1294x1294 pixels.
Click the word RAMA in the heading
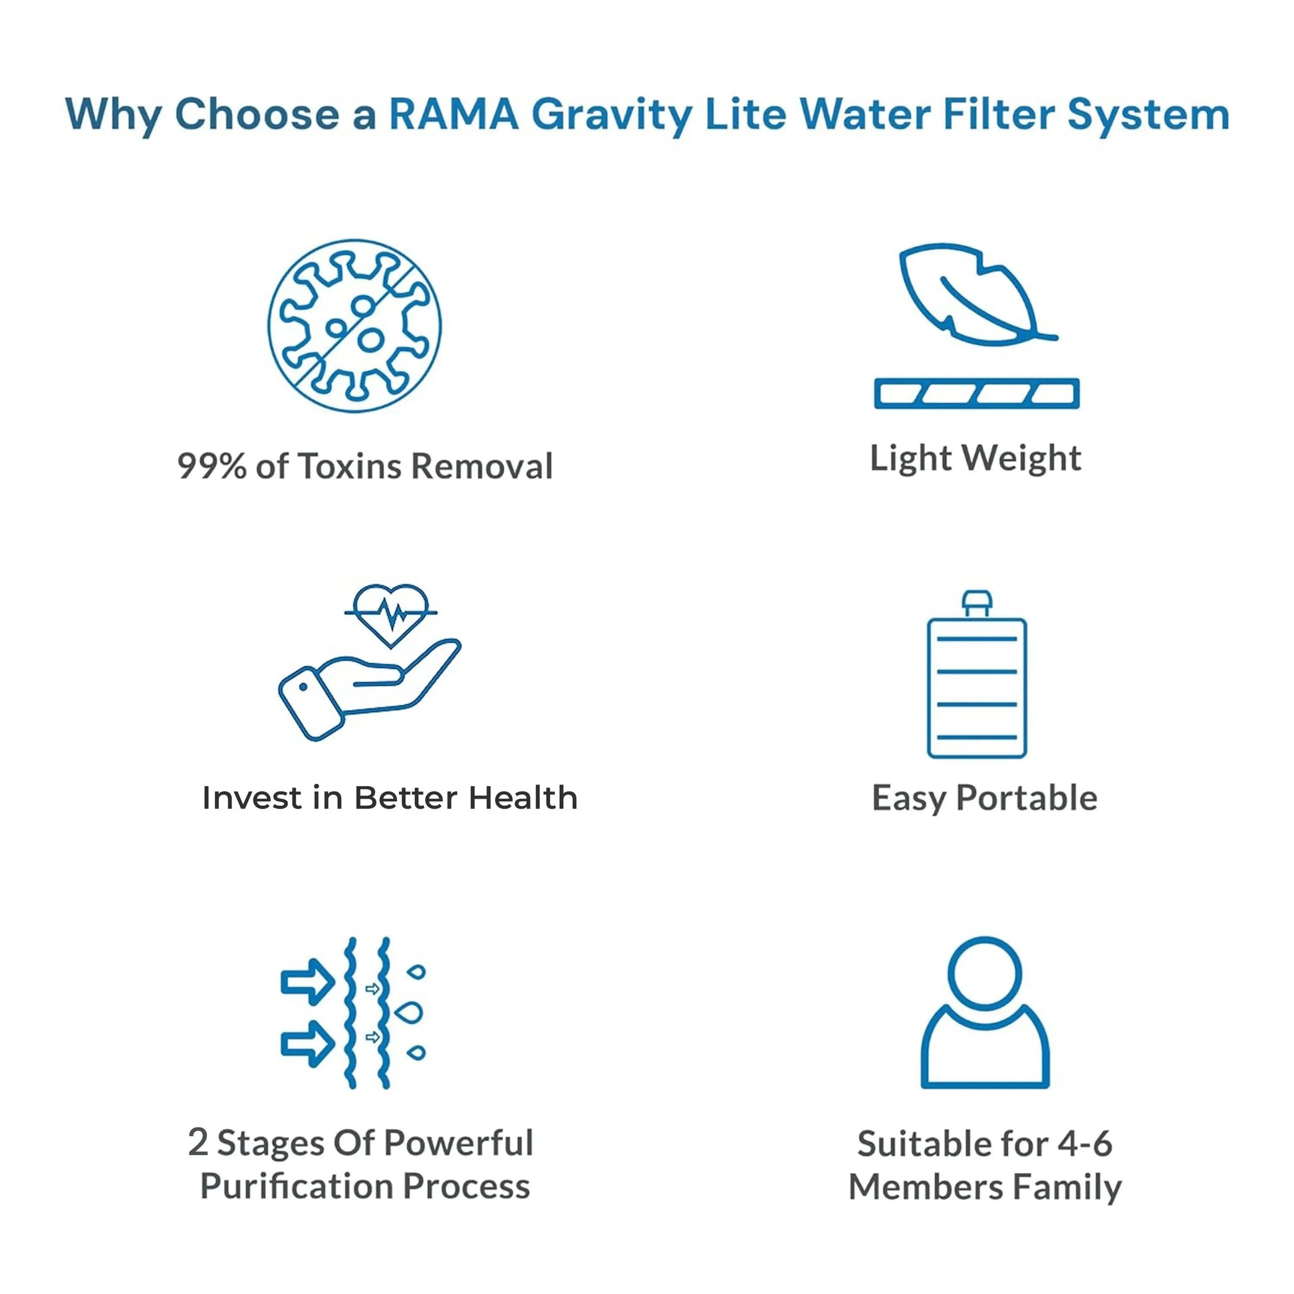coord(453,114)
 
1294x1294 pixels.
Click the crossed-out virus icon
coord(354,326)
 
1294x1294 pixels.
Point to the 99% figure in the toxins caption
coord(211,466)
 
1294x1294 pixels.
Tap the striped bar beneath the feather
coord(977,393)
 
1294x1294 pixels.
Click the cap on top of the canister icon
coord(977,602)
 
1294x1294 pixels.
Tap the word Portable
coord(1027,799)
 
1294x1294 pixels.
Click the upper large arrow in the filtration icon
coord(307,982)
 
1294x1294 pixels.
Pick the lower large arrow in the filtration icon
coord(307,1043)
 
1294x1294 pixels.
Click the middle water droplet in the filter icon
coord(409,1012)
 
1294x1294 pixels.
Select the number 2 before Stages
coord(198,1142)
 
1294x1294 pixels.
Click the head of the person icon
coord(985,973)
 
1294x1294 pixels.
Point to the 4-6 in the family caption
coord(1085,1143)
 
